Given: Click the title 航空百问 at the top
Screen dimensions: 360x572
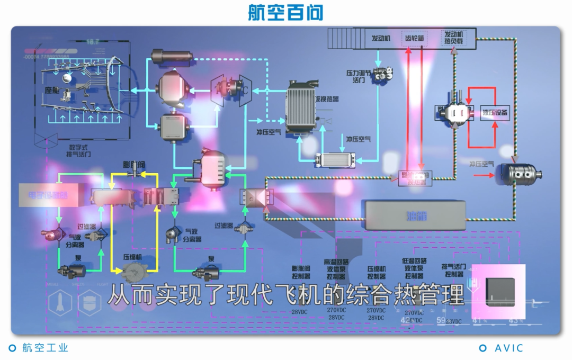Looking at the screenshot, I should click(x=285, y=13).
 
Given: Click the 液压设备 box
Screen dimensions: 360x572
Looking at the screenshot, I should click(x=495, y=113).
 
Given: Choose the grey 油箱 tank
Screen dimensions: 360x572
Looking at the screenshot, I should click(x=415, y=215).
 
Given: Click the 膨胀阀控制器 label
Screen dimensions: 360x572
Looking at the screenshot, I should click(x=301, y=272).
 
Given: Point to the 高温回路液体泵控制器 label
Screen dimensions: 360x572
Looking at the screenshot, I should click(x=336, y=269).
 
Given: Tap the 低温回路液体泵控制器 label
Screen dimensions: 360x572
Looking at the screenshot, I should click(x=414, y=268).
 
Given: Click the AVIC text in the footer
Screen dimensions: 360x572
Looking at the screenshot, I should click(x=508, y=348).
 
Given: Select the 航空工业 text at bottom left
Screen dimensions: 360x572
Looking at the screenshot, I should click(x=46, y=348).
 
